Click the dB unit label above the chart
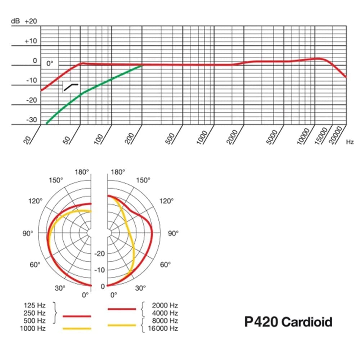[x=15, y=21]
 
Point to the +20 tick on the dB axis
[x=31, y=21]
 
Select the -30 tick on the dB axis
[x=31, y=120]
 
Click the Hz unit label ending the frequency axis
[x=350, y=142]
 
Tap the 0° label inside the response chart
[x=50, y=63]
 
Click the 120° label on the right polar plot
[x=166, y=201]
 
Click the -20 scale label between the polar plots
[x=99, y=254]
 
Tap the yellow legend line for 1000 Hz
[x=77, y=328]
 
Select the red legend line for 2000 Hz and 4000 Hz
[x=122, y=309]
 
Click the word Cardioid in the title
[x=307, y=321]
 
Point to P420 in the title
[x=261, y=321]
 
